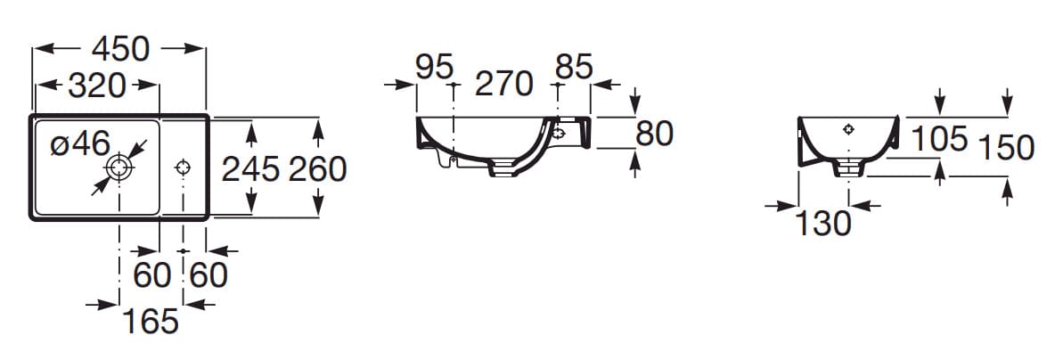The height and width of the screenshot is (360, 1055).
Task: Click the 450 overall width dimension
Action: (x=120, y=50)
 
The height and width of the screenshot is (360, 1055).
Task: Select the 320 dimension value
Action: (x=96, y=86)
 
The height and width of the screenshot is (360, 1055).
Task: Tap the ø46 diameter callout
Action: (x=79, y=143)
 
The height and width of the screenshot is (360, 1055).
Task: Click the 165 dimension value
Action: (x=150, y=321)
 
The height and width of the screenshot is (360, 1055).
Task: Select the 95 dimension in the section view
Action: (x=434, y=68)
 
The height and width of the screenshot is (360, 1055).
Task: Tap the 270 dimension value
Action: (x=503, y=85)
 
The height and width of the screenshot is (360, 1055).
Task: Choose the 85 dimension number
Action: (x=573, y=68)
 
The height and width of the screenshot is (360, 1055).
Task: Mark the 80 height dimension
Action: (x=654, y=134)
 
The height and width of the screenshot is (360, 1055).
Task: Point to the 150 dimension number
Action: (x=1006, y=148)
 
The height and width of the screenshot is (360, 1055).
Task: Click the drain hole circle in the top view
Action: (x=119, y=167)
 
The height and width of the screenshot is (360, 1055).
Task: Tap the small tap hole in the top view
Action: (x=183, y=167)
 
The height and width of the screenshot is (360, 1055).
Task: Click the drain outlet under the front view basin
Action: (x=849, y=168)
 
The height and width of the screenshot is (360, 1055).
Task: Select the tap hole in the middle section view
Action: (x=559, y=134)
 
